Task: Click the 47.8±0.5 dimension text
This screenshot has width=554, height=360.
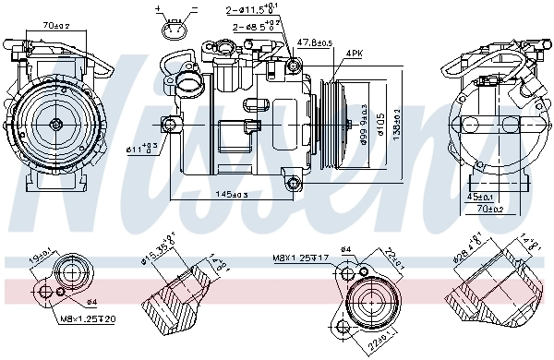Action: tap(315, 42)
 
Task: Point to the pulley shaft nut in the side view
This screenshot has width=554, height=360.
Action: tap(345, 123)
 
